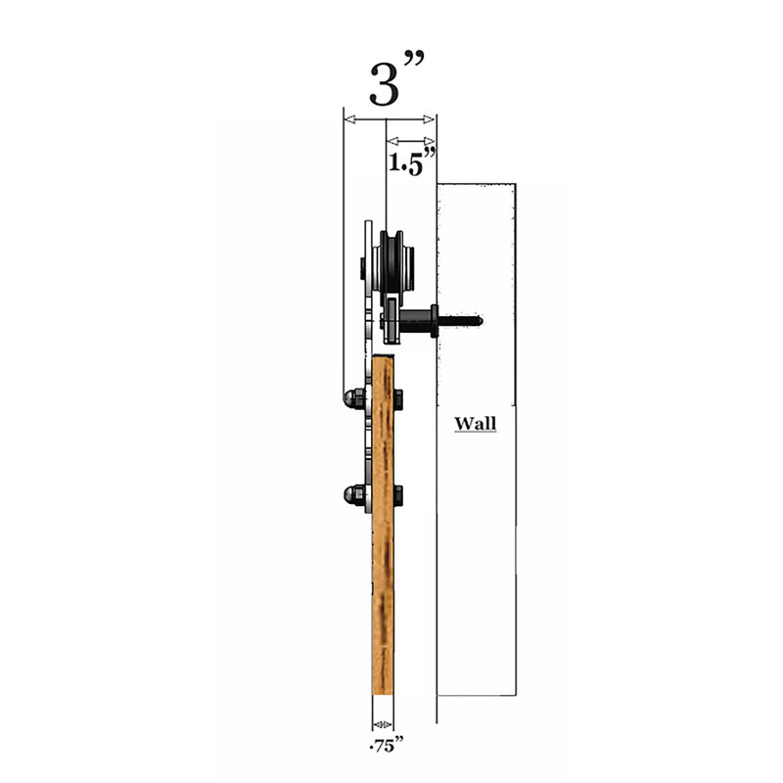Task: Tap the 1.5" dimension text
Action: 412,161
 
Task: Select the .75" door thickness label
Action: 386,745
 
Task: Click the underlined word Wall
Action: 475,424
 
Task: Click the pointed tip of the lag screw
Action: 483,321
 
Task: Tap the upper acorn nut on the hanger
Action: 353,398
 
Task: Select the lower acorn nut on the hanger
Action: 353,495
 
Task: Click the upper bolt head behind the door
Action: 398,399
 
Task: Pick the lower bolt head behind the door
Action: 398,495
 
